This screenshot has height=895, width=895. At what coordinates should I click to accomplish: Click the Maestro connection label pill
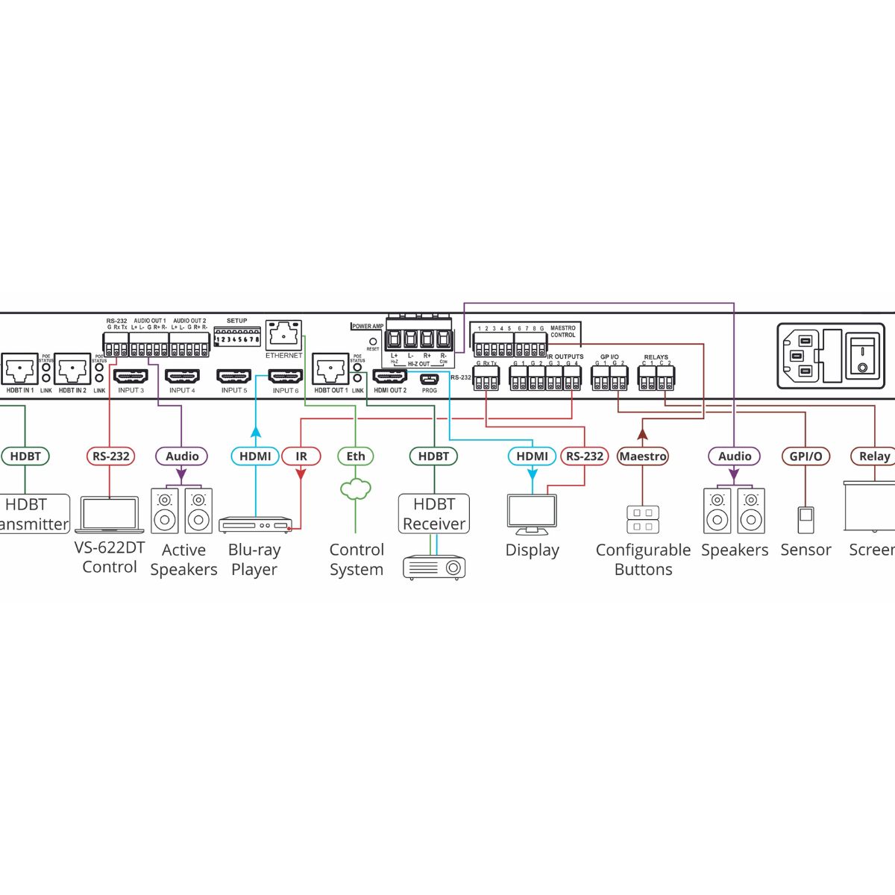pos(643,456)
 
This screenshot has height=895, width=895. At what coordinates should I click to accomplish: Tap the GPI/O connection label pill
pos(805,456)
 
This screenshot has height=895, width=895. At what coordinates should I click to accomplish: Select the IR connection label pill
pos(301,456)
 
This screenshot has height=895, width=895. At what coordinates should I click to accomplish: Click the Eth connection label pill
pos(356,456)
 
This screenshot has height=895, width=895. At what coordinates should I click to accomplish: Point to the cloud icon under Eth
pos(356,489)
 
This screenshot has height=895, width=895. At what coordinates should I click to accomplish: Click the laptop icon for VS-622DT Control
pos(110,515)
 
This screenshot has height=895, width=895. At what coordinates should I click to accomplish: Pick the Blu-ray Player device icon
pos(256,525)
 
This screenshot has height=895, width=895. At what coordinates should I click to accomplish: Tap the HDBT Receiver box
pos(433,513)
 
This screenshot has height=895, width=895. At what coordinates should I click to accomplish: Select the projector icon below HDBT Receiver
pos(434,567)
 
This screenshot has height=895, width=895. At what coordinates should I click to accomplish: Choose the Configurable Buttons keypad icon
pos(643,519)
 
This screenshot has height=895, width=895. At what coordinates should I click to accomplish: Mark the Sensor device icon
pos(805,520)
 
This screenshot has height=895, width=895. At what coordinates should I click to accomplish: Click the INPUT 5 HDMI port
pos(233,376)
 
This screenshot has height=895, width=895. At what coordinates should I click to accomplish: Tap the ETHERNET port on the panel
pos(284,335)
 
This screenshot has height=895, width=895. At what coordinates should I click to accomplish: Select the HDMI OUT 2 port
pos(389,377)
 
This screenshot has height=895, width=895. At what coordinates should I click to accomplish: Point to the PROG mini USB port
pos(430,378)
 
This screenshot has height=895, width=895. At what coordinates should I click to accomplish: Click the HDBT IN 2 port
pos(72,369)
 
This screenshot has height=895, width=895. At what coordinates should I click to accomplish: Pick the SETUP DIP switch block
pos(236,337)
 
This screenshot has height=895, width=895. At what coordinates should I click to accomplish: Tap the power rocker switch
pos(863,355)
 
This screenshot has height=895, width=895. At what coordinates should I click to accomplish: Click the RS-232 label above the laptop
pos(110,456)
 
